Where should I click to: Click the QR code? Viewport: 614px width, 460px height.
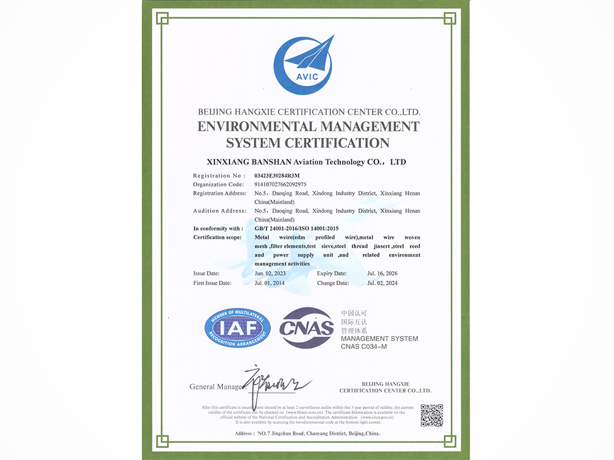(x=432, y=415)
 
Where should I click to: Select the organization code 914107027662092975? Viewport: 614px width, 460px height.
(x=281, y=184)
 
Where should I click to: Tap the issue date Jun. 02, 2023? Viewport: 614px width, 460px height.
(x=271, y=273)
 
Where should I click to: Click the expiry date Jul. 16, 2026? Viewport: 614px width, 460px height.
(x=383, y=273)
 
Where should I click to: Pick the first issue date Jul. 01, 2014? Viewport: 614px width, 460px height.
(x=271, y=283)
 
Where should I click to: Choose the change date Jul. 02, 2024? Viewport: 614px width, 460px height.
(x=383, y=283)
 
